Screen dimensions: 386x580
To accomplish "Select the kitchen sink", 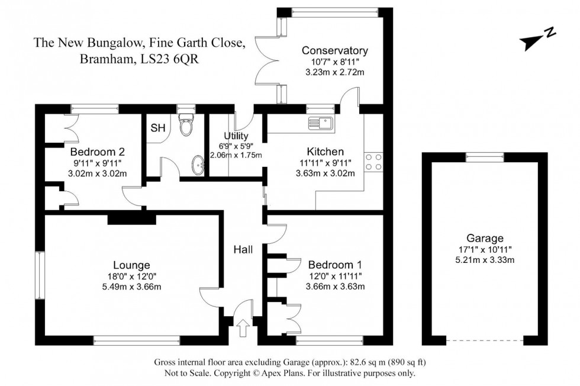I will point(321,124).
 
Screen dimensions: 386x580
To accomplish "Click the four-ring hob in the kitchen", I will point(374,162).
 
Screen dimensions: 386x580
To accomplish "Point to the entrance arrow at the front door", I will point(242,328).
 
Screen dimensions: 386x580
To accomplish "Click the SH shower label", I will point(157,128).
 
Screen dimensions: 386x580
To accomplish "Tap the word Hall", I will point(243,250).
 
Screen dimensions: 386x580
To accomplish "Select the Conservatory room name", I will point(334,51).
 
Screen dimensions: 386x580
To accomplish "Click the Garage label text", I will point(484,239).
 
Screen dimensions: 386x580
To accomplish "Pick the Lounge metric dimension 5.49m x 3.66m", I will point(131,287).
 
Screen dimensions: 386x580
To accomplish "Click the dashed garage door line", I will point(484,340).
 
